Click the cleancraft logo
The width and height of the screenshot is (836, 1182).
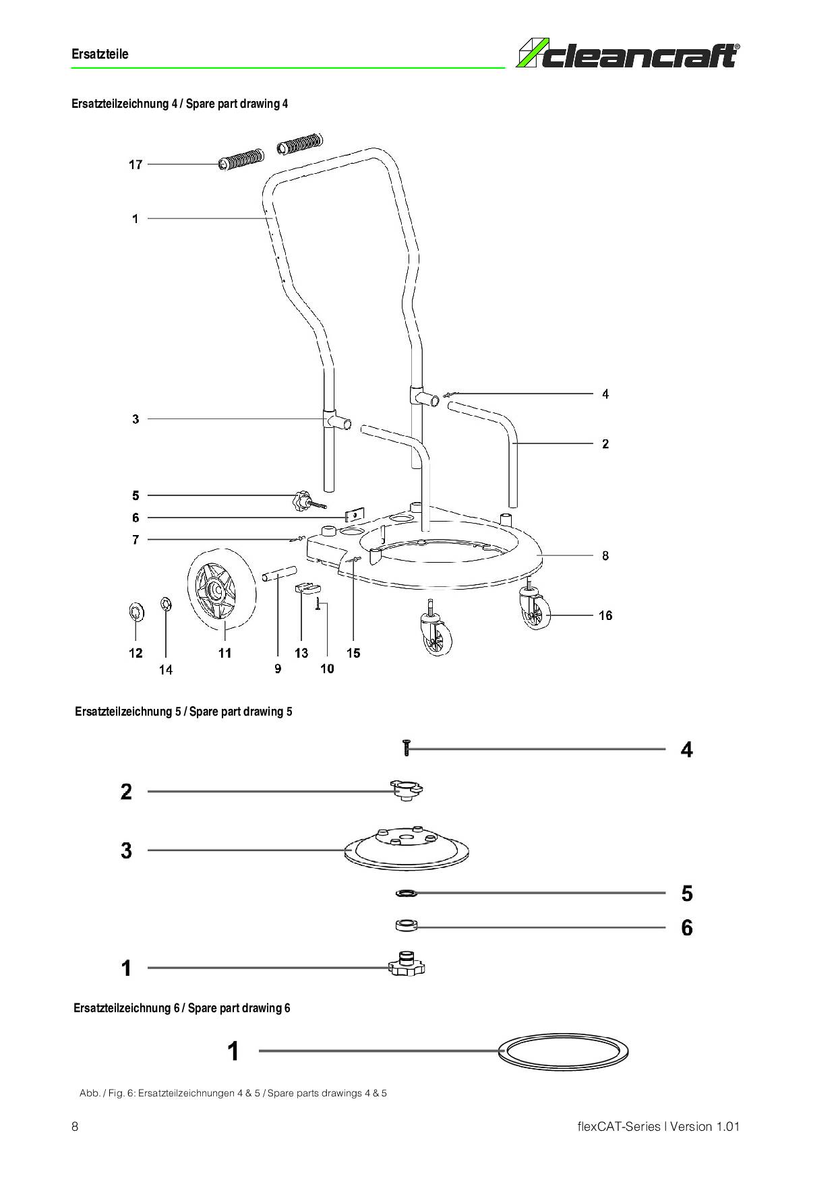[x=628, y=54]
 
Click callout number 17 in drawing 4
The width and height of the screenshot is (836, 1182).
[x=136, y=164]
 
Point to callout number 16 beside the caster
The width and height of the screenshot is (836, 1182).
[x=605, y=615]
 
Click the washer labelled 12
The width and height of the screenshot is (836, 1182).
[x=136, y=612]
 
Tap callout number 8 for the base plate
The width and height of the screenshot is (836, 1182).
[x=605, y=556]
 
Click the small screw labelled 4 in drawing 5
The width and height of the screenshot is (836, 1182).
[x=407, y=747]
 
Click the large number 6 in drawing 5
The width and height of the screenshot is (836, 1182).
[x=687, y=928]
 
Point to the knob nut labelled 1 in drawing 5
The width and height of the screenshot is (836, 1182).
[x=407, y=964]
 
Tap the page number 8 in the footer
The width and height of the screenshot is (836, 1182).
[x=75, y=1127]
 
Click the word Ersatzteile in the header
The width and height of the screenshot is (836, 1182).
[x=100, y=54]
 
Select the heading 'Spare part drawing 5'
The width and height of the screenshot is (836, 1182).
[x=241, y=712]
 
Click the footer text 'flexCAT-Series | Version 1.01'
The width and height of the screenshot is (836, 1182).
[x=659, y=1127]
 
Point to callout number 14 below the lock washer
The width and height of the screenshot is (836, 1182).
[x=166, y=670]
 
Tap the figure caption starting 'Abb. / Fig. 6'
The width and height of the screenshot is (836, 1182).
[x=233, y=1093]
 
